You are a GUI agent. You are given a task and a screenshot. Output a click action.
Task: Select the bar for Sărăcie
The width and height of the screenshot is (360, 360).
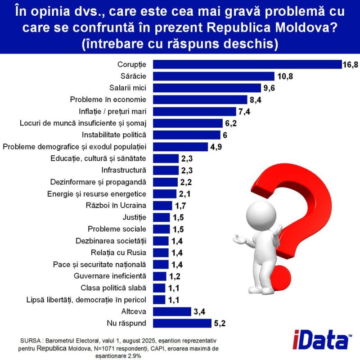tap(214, 76)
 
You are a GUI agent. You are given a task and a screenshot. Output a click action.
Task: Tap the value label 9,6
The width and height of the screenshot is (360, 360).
tap(270, 88)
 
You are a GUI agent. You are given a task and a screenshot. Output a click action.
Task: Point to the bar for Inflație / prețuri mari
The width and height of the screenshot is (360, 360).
tap(194, 111)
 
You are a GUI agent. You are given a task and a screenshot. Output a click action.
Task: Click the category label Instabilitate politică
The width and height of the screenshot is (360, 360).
tap(117, 135)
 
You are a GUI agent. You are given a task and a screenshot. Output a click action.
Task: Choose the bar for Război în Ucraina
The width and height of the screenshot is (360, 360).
tap(162, 205)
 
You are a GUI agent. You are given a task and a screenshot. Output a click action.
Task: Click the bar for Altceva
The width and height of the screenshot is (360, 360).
tap(172, 311)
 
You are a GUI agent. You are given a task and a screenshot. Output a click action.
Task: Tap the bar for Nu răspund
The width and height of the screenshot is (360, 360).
tap(182, 323)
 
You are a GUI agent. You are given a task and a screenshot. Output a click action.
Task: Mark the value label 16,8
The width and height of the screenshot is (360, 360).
tap(351, 65)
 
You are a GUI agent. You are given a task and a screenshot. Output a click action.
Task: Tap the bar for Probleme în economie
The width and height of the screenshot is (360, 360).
tap(200, 99)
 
